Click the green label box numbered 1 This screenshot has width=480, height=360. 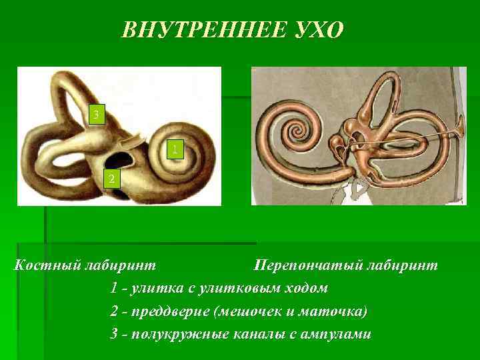pyautogui.click(x=174, y=150)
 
